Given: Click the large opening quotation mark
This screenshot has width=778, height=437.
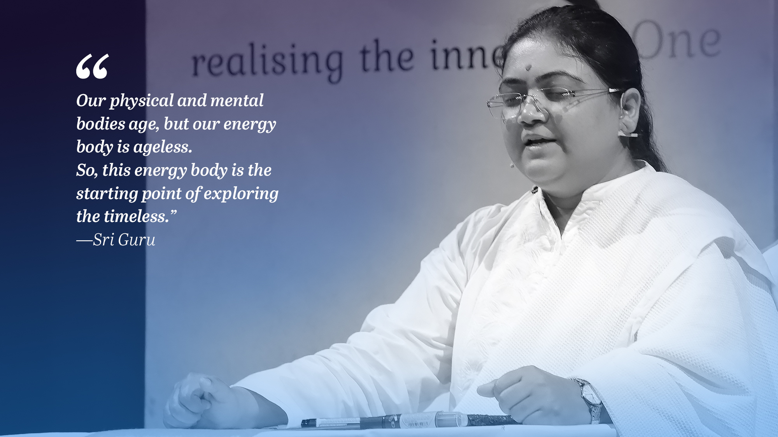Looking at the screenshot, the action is tap(92, 66).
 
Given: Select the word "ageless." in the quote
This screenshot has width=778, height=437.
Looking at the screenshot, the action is tap(163, 148).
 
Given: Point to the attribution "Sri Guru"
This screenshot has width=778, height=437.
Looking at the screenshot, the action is tap(124, 239).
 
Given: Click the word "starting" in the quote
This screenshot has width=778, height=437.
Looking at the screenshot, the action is tap(107, 194).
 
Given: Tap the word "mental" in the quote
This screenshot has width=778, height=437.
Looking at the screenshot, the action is tap(237, 100).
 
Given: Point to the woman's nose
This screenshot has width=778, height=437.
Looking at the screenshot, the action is tap(531, 113).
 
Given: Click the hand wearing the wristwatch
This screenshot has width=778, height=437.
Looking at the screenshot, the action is tap(537, 395).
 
